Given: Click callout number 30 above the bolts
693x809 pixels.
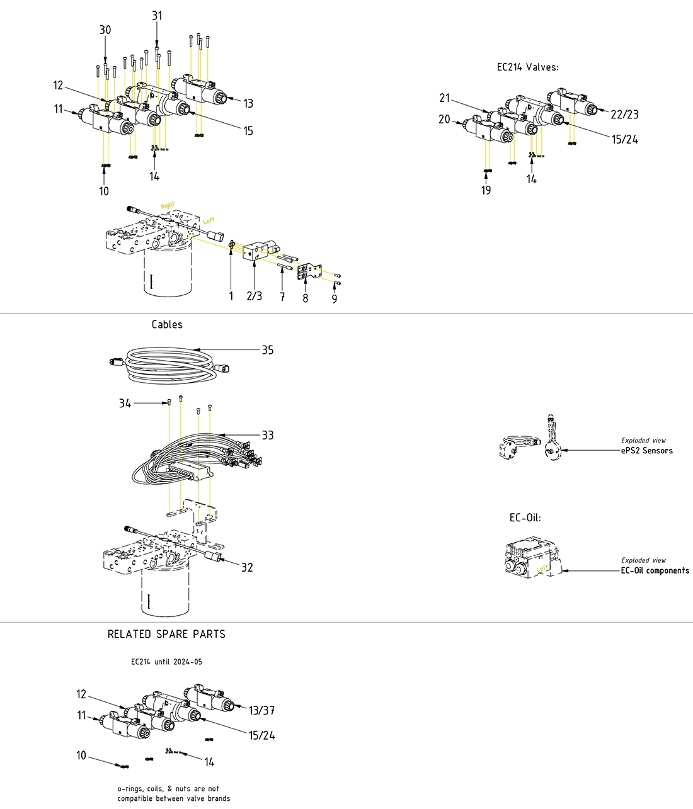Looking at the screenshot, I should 105,30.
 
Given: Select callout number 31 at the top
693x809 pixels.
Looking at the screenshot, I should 157,16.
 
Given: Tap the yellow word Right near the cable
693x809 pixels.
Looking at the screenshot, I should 168,205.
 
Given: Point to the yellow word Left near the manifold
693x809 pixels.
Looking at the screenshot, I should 209,220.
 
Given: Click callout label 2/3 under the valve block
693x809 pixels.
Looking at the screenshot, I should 255,296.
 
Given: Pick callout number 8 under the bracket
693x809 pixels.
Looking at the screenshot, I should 306,298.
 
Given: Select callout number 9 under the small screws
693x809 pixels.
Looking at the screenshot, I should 335,298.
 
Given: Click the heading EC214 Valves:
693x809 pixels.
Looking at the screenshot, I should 527,67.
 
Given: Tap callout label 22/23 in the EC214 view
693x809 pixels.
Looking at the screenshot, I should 624,114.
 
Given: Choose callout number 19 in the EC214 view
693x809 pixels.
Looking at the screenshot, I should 486,190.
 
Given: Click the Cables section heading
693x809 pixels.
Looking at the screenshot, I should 167,324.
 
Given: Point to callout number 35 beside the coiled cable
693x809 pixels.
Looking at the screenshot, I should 268,350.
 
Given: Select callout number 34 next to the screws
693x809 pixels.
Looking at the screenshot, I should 125,403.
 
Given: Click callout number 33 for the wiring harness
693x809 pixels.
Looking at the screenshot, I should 268,435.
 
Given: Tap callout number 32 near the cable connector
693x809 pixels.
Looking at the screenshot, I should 247,567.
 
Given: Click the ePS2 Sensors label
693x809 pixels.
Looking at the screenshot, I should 646,451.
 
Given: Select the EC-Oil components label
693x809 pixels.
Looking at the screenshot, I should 655,570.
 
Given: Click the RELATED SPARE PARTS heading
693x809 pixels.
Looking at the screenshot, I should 166,634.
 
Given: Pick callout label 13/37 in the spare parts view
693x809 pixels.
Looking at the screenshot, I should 261,710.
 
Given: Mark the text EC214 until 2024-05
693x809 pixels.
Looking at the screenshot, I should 166,662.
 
